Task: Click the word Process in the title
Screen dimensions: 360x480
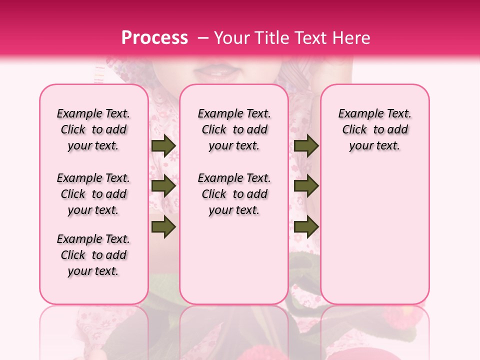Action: (x=154, y=38)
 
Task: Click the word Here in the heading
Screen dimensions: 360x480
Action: (x=350, y=38)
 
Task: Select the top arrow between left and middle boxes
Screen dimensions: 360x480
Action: (x=163, y=146)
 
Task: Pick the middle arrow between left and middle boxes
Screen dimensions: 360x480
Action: (x=163, y=186)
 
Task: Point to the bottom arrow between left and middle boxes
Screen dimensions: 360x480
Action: (x=163, y=226)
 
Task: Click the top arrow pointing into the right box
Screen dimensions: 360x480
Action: (x=306, y=146)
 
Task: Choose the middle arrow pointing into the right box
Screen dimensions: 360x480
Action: (x=306, y=186)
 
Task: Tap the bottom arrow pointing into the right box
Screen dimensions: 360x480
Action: (x=306, y=226)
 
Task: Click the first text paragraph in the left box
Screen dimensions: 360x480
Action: (x=93, y=129)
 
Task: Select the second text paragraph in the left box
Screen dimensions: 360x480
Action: (x=93, y=194)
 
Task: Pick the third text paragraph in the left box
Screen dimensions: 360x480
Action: (x=93, y=255)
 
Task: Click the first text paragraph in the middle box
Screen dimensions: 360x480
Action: (x=234, y=129)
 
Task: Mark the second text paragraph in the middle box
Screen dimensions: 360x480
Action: (x=234, y=194)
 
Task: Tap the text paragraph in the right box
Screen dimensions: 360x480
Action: (x=374, y=129)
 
